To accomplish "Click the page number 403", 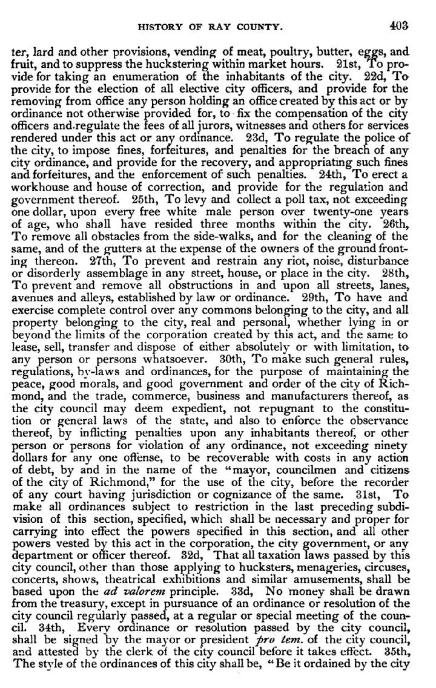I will point(400,25).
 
